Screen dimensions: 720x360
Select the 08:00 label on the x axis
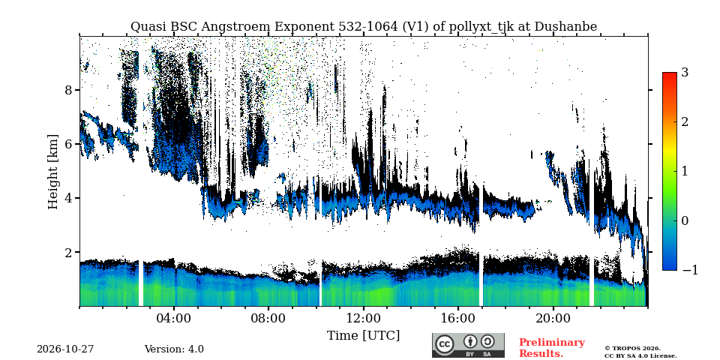(x=268, y=319)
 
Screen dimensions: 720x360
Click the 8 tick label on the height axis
(x=69, y=90)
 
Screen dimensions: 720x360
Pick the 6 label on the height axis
(x=69, y=144)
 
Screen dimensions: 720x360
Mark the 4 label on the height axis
(x=69, y=198)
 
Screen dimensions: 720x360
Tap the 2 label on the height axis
(x=69, y=253)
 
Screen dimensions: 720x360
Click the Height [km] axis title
(x=53, y=172)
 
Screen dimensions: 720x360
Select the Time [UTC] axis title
(x=363, y=336)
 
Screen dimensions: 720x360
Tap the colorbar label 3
(x=685, y=72)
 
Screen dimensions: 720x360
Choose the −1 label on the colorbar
(x=690, y=270)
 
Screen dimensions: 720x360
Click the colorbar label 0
(x=685, y=220)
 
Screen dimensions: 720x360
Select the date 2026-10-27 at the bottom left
(x=65, y=349)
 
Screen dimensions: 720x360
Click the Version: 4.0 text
(x=174, y=349)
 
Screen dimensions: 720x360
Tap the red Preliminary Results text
(x=552, y=348)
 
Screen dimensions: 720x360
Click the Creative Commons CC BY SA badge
(x=468, y=345)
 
